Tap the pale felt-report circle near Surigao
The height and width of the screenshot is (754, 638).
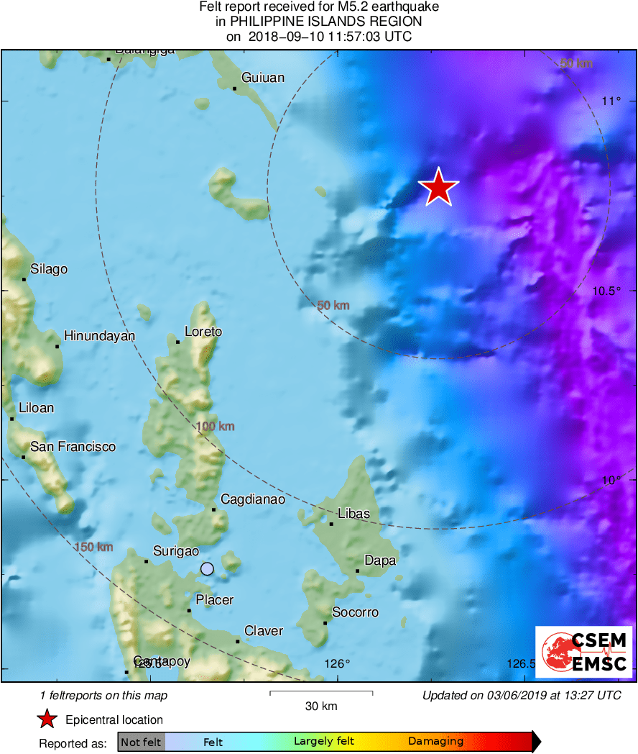pyautogui.click(x=207, y=568)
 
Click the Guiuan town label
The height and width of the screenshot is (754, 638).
pyautogui.click(x=263, y=78)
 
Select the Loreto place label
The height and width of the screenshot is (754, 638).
pyautogui.click(x=203, y=332)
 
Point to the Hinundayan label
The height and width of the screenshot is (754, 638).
pyautogui.click(x=99, y=335)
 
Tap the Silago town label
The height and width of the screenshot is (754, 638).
pyautogui.click(x=49, y=269)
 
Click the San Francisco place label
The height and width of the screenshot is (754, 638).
pyautogui.click(x=73, y=447)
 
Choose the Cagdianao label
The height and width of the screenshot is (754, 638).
pyautogui.click(x=253, y=499)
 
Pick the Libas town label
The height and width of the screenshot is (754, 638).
pyautogui.click(x=353, y=514)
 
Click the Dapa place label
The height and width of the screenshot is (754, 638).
pyautogui.click(x=380, y=560)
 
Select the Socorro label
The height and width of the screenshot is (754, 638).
pyautogui.click(x=355, y=612)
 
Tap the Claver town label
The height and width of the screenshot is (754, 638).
pyautogui.click(x=264, y=631)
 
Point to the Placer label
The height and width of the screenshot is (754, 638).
pyautogui.click(x=215, y=599)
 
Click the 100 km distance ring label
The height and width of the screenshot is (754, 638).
pyautogui.click(x=215, y=427)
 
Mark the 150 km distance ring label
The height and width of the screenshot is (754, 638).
pyautogui.click(x=93, y=547)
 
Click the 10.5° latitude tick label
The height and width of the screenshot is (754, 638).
pyautogui.click(x=602, y=291)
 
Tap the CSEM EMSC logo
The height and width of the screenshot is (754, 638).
pyautogui.click(x=583, y=652)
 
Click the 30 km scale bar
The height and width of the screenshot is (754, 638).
pyautogui.click(x=321, y=694)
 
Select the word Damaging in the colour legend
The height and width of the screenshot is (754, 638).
pyautogui.click(x=435, y=741)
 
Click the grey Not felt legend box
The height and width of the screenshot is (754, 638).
pyautogui.click(x=142, y=741)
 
